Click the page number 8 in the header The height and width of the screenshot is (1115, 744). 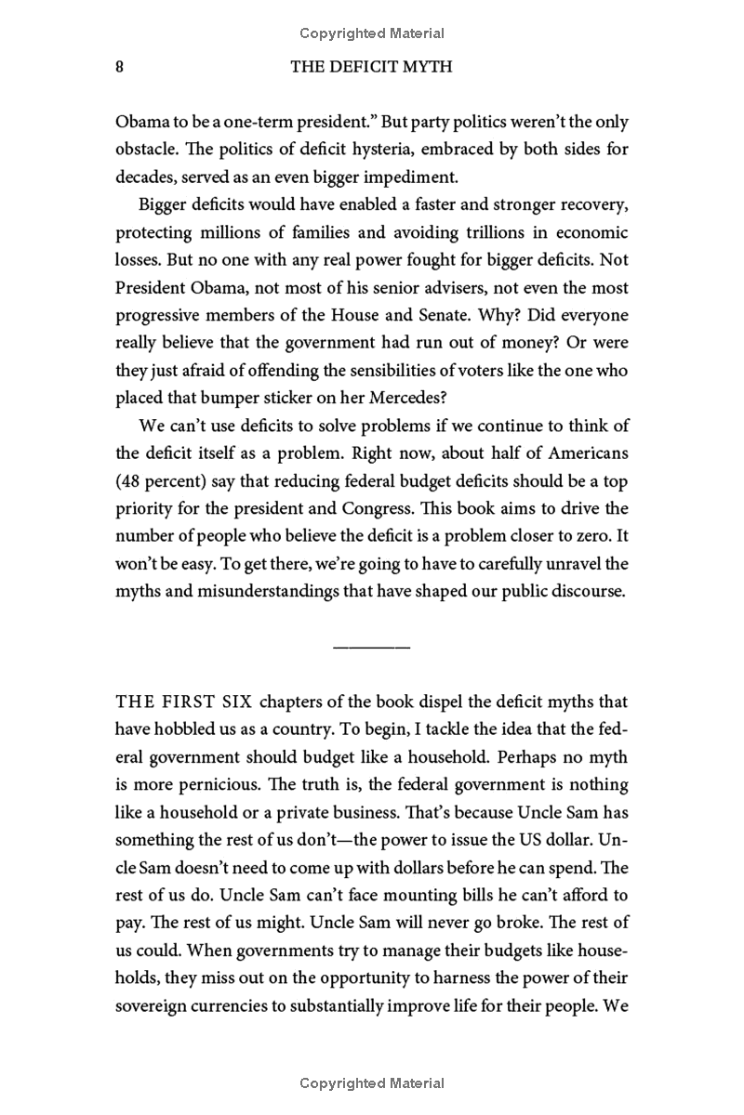pos(120,67)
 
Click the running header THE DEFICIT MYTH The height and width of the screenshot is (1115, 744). pos(371,67)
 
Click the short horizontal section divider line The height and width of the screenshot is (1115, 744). pos(371,646)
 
